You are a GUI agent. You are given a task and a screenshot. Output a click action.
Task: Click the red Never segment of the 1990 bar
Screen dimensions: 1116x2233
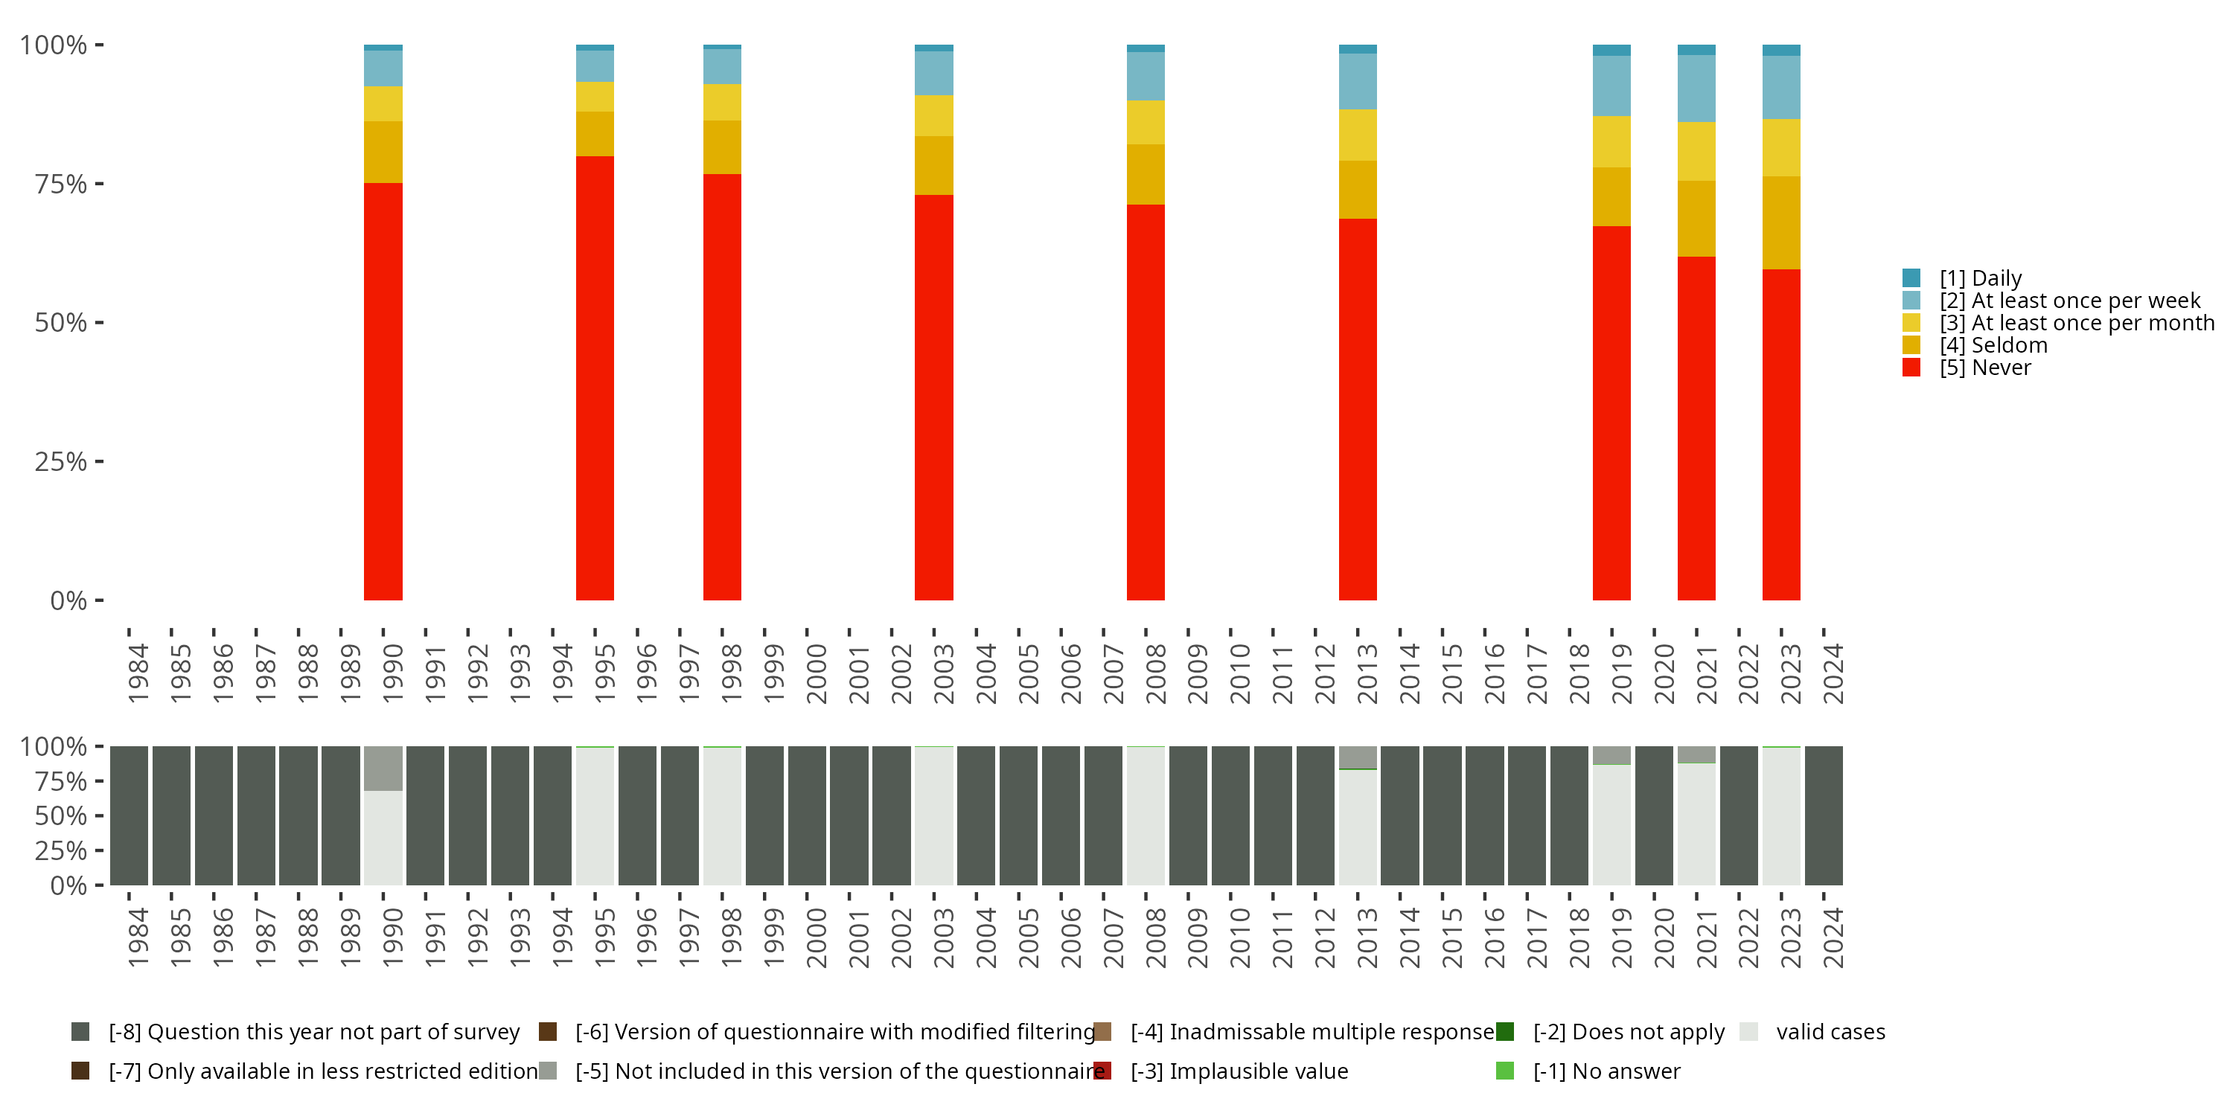pos(383,391)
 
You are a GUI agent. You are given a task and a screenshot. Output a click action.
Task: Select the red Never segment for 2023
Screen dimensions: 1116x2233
pos(1780,434)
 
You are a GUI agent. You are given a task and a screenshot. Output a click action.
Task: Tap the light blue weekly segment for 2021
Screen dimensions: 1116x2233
pos(1696,89)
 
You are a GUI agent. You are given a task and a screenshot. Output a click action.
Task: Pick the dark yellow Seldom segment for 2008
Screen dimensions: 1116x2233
pos(1145,174)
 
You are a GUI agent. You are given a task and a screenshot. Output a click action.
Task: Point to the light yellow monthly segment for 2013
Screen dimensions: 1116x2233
pos(1358,135)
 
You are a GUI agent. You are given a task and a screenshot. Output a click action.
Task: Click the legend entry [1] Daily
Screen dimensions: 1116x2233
pos(1981,278)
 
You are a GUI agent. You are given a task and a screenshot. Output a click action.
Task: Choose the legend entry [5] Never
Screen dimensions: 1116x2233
pos(1985,368)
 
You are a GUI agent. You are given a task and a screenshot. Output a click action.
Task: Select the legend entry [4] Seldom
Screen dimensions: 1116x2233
pos(1994,345)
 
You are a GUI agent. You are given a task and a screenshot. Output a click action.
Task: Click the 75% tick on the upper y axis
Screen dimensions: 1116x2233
pos(61,184)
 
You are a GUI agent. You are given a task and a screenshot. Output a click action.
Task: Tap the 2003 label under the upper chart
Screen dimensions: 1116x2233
pos(942,673)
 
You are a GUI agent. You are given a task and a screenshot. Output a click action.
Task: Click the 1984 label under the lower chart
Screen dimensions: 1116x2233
pos(137,937)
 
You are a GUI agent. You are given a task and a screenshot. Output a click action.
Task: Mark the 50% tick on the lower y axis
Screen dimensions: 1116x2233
pos(61,815)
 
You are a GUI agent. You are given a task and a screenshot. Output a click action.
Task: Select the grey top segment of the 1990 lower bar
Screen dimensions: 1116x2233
pos(383,768)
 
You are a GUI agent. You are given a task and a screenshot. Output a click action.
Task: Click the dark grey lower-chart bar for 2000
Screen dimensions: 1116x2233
pos(806,815)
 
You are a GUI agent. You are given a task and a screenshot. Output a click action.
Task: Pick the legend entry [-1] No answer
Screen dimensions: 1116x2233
pos(1606,1071)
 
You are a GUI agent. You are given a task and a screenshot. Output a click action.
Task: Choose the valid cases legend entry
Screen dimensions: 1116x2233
pos(1829,1032)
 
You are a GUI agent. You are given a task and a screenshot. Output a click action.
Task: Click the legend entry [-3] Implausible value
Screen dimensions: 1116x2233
pos(1238,1071)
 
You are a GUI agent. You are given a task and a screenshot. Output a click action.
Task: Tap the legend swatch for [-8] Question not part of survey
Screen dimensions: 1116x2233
pos(80,1032)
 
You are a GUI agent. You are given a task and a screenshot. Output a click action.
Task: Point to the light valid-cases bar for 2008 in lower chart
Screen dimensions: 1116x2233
pos(1145,815)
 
